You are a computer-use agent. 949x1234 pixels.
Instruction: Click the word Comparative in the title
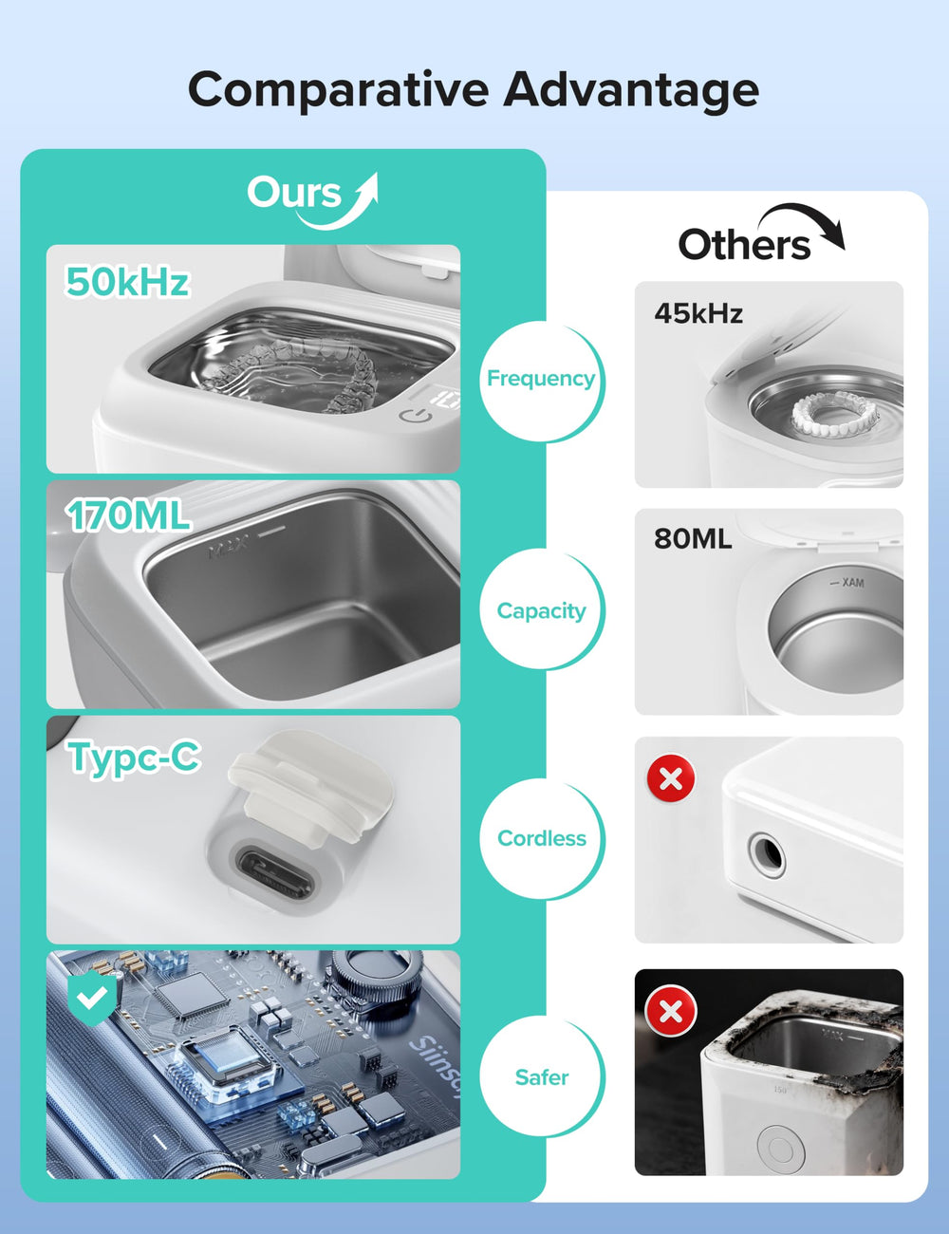point(338,91)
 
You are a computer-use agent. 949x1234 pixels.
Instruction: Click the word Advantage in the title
point(631,91)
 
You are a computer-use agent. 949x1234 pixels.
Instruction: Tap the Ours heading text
point(294,193)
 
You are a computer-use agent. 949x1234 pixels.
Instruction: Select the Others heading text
point(744,245)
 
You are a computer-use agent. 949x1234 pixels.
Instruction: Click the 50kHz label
point(127,282)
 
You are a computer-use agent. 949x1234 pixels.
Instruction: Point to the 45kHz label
point(698,313)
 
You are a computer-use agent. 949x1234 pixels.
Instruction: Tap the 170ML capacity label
point(127,515)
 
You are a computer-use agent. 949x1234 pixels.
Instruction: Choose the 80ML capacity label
point(693,538)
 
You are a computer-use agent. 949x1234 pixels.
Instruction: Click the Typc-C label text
point(134,757)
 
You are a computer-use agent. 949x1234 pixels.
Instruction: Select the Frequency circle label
point(541,378)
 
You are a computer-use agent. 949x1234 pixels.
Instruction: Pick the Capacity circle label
point(542,611)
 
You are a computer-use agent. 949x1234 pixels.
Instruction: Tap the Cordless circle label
point(542,838)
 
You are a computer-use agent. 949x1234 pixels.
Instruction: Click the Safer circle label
point(542,1076)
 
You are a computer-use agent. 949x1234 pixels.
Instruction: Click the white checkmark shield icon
point(92,999)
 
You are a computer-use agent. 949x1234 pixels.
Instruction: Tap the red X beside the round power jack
point(671,778)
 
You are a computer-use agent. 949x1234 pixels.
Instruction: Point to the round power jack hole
point(767,854)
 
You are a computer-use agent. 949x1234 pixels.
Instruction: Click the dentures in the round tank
point(835,415)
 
